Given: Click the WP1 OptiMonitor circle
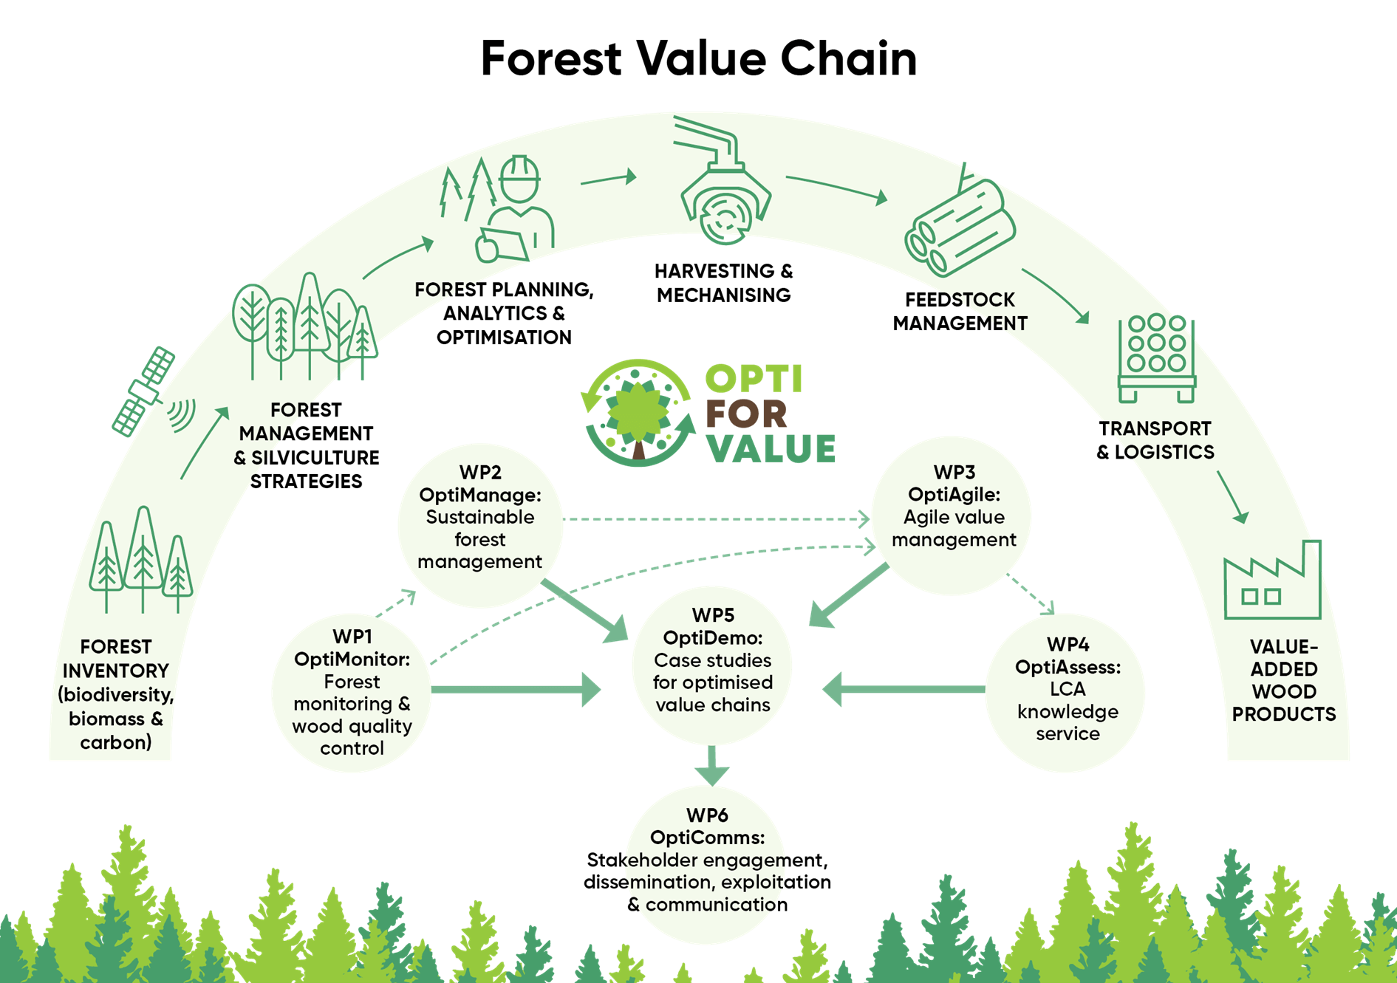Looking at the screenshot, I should point(352,693).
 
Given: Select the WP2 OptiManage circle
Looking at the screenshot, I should point(480,524).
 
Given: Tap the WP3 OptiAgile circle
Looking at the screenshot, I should point(953,516).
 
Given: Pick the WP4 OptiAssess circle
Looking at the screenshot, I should point(1067,693).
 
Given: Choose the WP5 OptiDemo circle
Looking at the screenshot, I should point(712,665).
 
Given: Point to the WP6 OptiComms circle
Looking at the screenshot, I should point(706,864).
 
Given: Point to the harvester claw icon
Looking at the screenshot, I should point(724,185).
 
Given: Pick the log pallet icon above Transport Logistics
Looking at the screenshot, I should point(1156,358).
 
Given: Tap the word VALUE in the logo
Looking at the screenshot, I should point(771,448).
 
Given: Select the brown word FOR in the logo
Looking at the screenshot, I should point(746,414).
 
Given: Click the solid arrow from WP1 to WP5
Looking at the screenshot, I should point(517,690).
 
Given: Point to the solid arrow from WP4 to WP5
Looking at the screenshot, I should point(905,690).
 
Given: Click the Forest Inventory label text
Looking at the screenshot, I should point(116,694).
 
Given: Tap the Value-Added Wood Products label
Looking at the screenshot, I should point(1284,680).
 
